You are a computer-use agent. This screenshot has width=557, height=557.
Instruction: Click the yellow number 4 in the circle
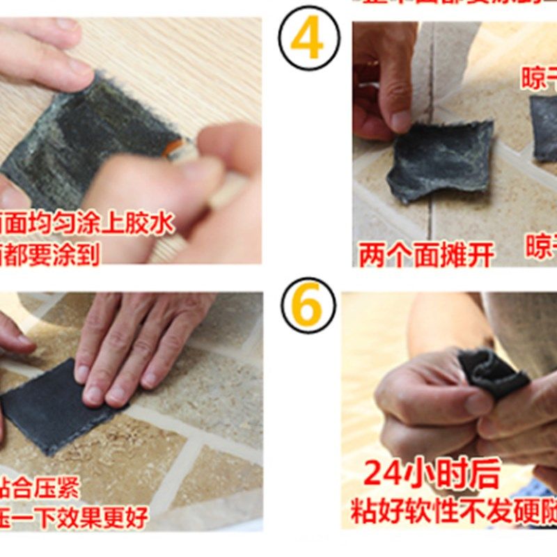click(x=309, y=40)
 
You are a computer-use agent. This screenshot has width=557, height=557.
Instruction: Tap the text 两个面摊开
click(x=426, y=254)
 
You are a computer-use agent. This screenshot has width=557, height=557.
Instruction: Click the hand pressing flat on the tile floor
click(x=139, y=348)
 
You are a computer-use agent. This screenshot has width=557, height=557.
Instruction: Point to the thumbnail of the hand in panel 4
click(x=400, y=122)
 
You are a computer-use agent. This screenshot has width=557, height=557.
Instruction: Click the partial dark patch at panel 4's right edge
click(x=544, y=129)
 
